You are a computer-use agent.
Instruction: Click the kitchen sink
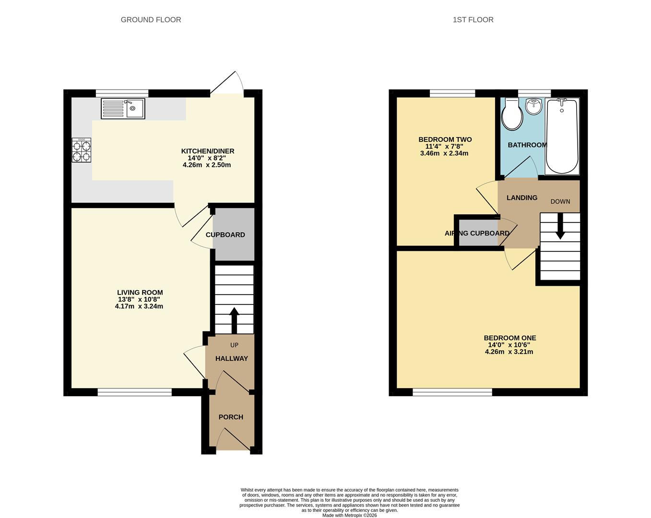123,108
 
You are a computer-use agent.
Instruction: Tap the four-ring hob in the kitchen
82,150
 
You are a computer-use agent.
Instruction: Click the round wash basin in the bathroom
534,106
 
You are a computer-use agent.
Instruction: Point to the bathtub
562,136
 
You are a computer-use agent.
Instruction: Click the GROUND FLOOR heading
151,20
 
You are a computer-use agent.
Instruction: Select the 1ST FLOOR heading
473,20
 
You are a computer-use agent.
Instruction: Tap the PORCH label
231,417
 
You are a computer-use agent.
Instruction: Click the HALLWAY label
232,358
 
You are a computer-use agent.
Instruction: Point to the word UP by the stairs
235,345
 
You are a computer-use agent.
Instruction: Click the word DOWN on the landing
560,201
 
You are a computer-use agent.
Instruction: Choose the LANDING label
522,198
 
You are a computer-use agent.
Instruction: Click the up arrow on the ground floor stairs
235,321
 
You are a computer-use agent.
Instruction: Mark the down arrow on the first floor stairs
560,226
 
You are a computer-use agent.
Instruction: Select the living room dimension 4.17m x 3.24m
139,306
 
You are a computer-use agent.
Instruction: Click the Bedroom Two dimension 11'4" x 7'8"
444,146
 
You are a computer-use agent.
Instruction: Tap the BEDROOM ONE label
510,338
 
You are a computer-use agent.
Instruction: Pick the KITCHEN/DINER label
208,151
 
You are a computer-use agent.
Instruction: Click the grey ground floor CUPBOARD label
225,235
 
